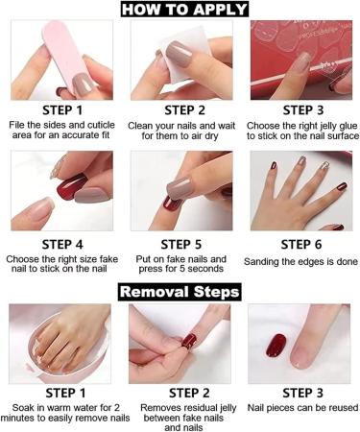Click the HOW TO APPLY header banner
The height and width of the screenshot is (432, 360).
pyautogui.click(x=180, y=11)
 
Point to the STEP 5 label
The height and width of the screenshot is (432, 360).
pyautogui.click(x=180, y=244)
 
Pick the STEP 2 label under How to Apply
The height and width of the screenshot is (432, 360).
pyautogui.click(x=180, y=110)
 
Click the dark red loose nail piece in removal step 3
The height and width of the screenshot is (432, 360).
pyautogui.click(x=276, y=344)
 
